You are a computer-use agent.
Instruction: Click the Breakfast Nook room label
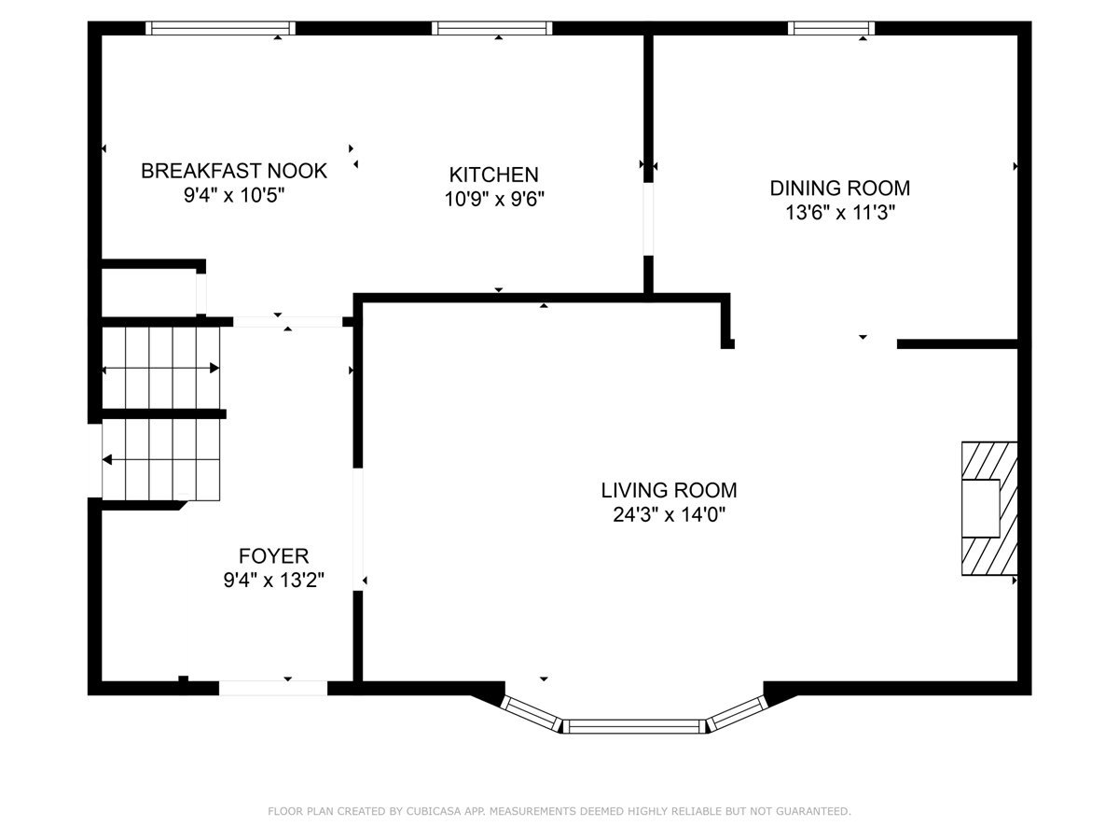pos(233,171)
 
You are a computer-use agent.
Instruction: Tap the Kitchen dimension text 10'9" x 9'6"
pos(494,199)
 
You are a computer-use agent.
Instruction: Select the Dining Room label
pos(839,189)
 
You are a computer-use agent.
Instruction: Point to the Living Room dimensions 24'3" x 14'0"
pos(669,515)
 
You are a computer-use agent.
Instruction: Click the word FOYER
pos(274,555)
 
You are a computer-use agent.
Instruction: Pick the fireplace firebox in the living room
pos(980,508)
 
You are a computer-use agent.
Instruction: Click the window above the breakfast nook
pos(220,28)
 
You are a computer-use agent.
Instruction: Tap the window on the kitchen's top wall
pos(492,28)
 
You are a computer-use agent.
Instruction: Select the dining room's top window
pos(831,28)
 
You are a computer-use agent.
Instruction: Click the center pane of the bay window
pos(634,726)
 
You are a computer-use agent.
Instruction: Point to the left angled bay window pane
pos(531,713)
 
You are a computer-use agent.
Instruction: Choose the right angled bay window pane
pos(739,713)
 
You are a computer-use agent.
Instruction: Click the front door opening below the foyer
pos(273,688)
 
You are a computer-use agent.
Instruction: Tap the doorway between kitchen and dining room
pos(648,218)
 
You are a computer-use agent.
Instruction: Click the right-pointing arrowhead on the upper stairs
pos(214,369)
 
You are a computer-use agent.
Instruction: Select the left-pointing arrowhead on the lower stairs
pos(107,460)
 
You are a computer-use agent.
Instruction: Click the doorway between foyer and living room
pos(358,529)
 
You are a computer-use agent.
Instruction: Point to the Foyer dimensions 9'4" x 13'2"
pos(274,580)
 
